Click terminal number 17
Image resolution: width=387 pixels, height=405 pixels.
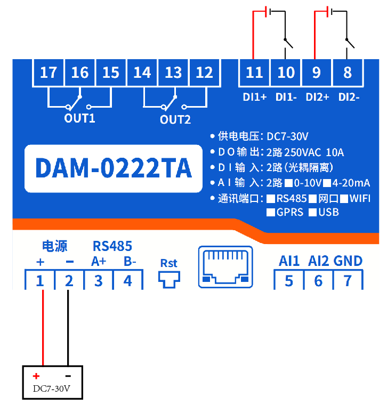point(49,72)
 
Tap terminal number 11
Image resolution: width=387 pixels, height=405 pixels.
point(254,72)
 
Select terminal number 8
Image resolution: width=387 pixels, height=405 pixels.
point(348,72)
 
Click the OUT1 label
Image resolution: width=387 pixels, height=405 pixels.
point(79,118)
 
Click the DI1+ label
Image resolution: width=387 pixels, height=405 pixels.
point(254,98)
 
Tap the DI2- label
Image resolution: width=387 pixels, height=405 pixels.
point(349,98)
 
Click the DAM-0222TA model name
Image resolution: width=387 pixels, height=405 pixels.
point(113,168)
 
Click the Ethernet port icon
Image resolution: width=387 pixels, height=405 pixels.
point(225,266)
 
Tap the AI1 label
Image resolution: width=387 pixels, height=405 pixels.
point(289,261)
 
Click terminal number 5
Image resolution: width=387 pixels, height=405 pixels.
point(289,280)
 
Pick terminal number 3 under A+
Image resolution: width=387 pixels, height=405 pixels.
point(98,280)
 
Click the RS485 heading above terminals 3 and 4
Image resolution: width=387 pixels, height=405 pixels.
point(112,246)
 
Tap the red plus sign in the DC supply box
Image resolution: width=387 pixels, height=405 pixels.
point(36,376)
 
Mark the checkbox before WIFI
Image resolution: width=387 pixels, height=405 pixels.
point(344,199)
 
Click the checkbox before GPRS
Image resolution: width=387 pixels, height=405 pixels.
point(271,212)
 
